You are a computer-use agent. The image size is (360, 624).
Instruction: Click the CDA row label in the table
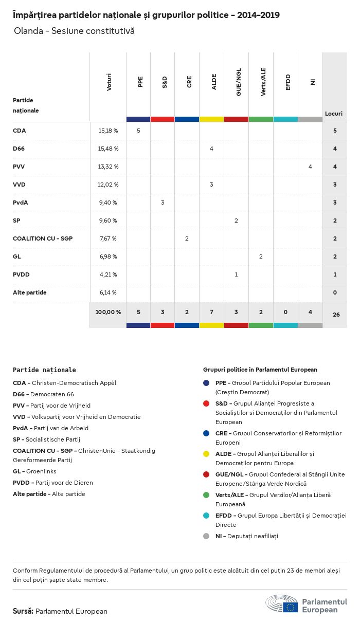click(20, 131)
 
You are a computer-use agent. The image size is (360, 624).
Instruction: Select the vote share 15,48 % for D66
click(108, 149)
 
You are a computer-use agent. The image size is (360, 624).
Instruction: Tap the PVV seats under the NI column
click(310, 167)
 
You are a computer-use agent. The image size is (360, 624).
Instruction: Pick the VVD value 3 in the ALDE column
click(211, 185)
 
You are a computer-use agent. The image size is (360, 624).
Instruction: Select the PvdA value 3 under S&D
click(163, 203)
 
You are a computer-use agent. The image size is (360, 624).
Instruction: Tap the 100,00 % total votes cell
click(108, 311)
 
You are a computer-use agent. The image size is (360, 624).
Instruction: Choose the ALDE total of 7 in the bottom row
click(211, 311)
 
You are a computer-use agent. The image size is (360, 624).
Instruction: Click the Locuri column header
click(334, 114)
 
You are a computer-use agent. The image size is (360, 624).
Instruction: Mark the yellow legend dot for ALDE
click(206, 454)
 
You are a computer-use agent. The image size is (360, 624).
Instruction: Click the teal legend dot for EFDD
click(206, 516)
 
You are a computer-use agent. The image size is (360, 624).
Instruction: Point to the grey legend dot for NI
click(206, 536)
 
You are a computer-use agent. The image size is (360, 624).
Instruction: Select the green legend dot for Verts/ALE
click(206, 495)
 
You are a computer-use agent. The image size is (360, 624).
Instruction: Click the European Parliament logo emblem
click(282, 605)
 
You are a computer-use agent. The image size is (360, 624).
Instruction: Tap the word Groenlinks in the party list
click(41, 471)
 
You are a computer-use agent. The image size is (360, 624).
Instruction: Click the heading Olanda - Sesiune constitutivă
click(74, 31)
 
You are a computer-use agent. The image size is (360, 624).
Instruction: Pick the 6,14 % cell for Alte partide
click(108, 292)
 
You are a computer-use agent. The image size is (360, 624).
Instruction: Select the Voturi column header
click(109, 83)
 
